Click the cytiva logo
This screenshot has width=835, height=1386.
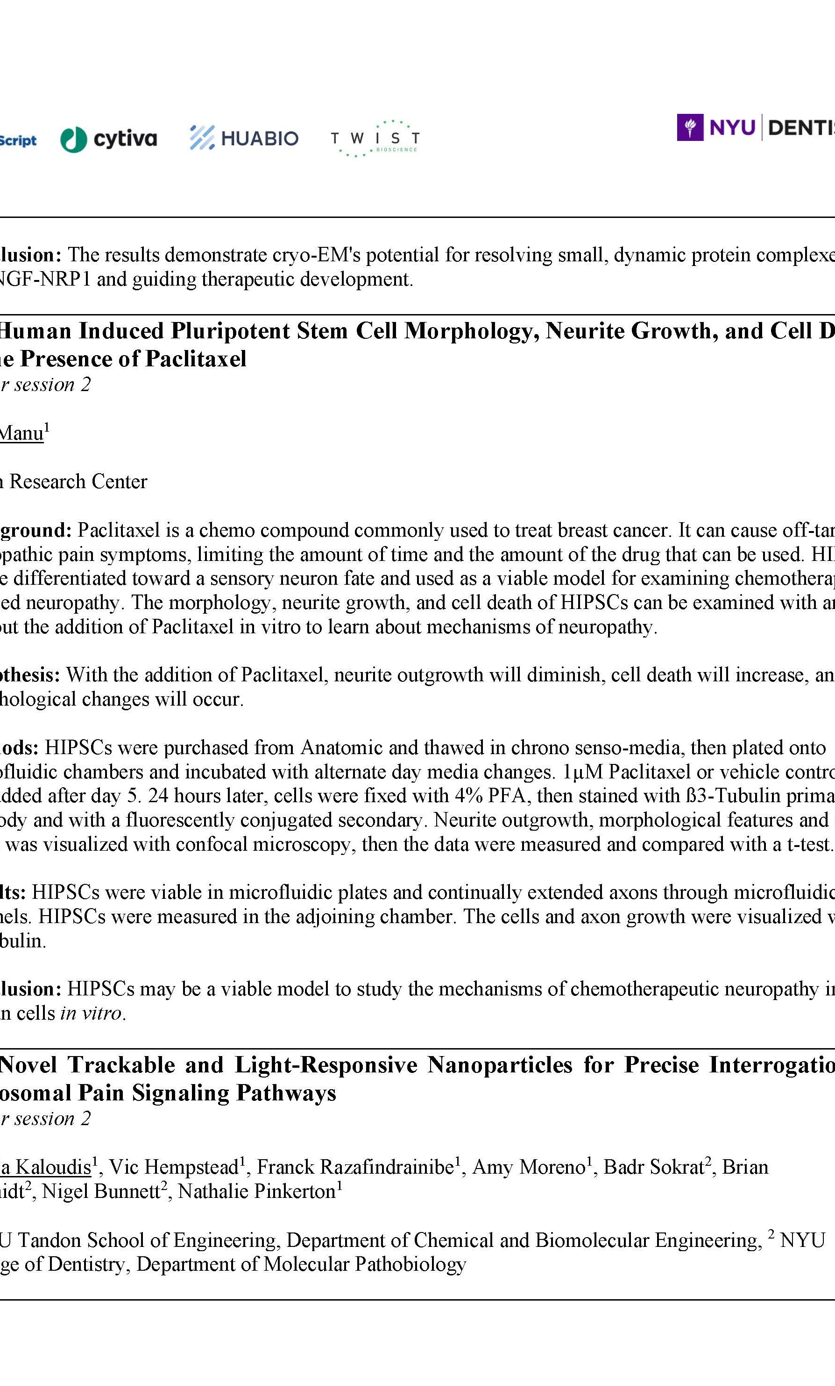(109, 139)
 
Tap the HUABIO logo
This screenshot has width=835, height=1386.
(244, 138)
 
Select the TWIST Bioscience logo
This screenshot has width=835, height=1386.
(375, 138)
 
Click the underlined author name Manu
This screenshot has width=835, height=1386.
(21, 433)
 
